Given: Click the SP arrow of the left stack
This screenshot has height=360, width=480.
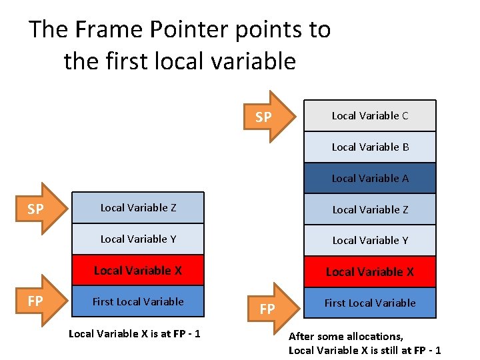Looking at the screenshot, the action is point(41,209).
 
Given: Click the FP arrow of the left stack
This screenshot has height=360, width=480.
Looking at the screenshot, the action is point(41,301).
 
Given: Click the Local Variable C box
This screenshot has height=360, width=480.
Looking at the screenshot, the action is point(370,115).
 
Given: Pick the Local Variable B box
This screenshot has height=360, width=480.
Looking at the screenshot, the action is point(370,147).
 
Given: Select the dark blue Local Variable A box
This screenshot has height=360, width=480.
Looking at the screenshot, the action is point(370,178).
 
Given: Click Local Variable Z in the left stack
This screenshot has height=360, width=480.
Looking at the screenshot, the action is point(138,207).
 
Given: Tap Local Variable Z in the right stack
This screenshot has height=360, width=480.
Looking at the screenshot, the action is point(370,209).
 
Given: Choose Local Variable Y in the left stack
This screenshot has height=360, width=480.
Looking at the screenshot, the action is point(138,239).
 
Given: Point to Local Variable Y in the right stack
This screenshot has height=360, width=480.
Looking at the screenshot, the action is point(370,240).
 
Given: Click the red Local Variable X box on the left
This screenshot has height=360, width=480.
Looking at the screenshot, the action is point(138,270).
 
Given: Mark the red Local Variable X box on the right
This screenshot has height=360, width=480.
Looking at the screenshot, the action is point(370,271).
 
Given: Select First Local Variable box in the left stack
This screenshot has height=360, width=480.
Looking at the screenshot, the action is point(138,301).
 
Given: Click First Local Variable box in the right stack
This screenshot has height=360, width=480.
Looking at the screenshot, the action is point(370,303).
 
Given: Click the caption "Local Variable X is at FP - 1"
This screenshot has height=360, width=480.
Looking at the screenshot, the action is point(134,333).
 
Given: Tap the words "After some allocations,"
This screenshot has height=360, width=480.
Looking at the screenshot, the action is point(345,337).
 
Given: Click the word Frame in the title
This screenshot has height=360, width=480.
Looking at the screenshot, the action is point(108,29).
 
